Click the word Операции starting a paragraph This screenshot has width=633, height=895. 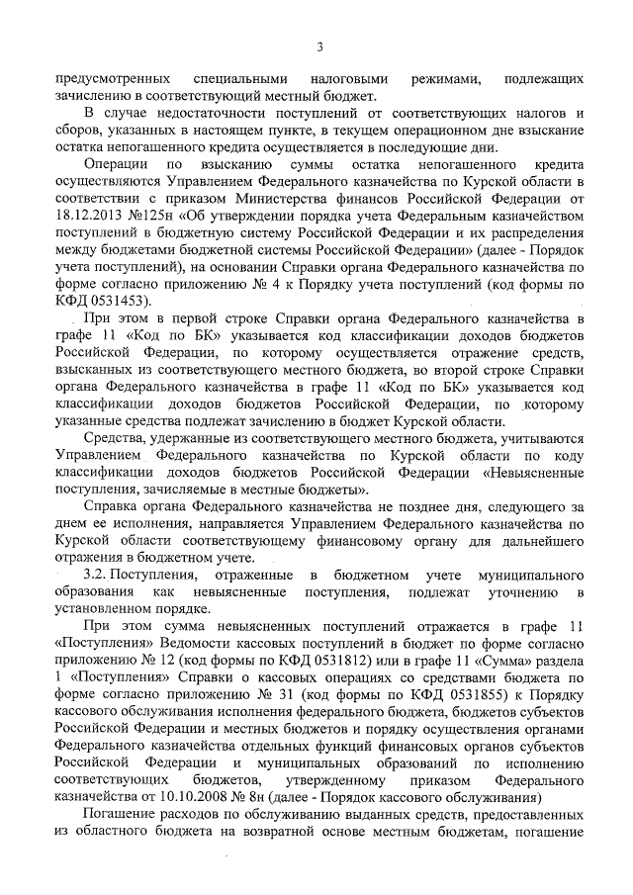click(117, 163)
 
